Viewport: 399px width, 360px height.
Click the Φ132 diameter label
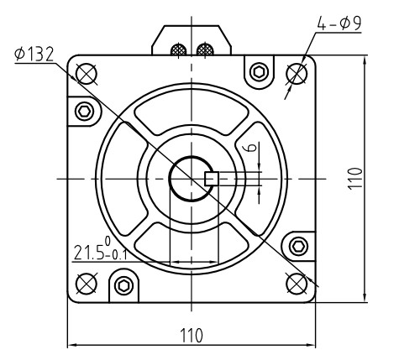click(x=34, y=55)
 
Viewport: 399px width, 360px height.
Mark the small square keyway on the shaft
click(x=212, y=178)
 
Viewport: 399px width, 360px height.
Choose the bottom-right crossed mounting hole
click(x=297, y=281)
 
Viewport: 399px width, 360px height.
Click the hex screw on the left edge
click(x=83, y=111)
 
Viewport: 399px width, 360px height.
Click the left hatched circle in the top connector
click(x=179, y=50)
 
